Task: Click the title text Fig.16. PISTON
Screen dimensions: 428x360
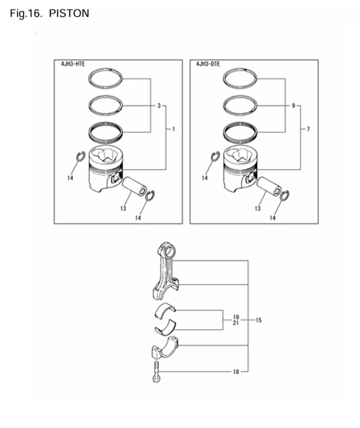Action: pos(50,13)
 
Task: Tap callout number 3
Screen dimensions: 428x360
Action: pos(159,106)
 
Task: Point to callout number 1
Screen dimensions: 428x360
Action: pos(173,130)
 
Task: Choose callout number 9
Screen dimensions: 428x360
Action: pos(293,106)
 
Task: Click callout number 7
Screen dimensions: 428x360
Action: pos(307,130)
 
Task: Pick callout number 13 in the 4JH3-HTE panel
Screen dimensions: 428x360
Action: pos(122,208)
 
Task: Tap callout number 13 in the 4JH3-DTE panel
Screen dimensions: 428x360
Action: pos(258,208)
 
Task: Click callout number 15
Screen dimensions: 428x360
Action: pos(258,321)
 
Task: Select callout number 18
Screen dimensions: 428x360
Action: pos(236,371)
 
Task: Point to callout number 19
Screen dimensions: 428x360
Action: pos(236,317)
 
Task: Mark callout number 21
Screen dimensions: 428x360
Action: pos(236,324)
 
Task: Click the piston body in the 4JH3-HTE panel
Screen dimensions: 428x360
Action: pos(103,172)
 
